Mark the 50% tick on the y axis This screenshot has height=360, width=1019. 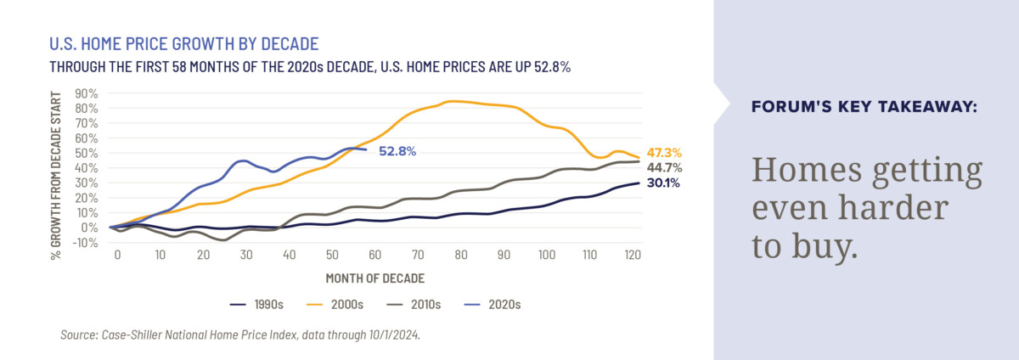[x=87, y=153]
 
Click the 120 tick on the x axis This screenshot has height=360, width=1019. [x=633, y=255]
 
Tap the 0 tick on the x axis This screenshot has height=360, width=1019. [x=118, y=255]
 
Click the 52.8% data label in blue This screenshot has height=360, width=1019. [x=397, y=151]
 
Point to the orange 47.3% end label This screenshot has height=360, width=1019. [x=664, y=153]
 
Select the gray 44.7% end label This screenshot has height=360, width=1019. [x=664, y=167]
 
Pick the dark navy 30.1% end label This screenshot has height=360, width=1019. [x=664, y=183]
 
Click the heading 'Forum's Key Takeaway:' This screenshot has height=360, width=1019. [x=864, y=108]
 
